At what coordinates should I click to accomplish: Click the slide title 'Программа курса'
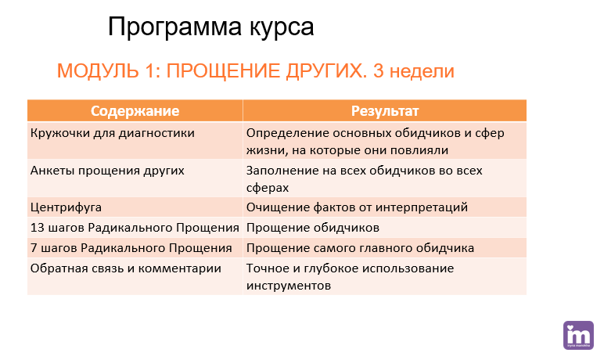210,27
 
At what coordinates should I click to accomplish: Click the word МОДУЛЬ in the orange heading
99,71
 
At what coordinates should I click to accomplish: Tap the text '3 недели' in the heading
414,71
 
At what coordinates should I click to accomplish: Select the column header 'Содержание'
135,111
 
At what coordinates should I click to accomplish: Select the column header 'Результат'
385,111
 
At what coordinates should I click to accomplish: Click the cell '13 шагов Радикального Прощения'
135,228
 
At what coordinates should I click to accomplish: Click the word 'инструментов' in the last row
289,286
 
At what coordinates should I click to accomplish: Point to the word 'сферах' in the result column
268,188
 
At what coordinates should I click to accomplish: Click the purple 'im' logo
578,335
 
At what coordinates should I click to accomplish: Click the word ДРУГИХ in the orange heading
327,71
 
